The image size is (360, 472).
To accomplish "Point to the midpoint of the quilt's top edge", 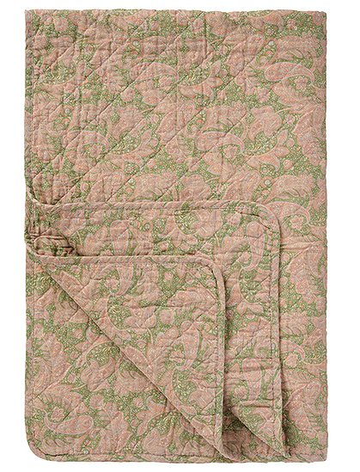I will coord(180,9).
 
